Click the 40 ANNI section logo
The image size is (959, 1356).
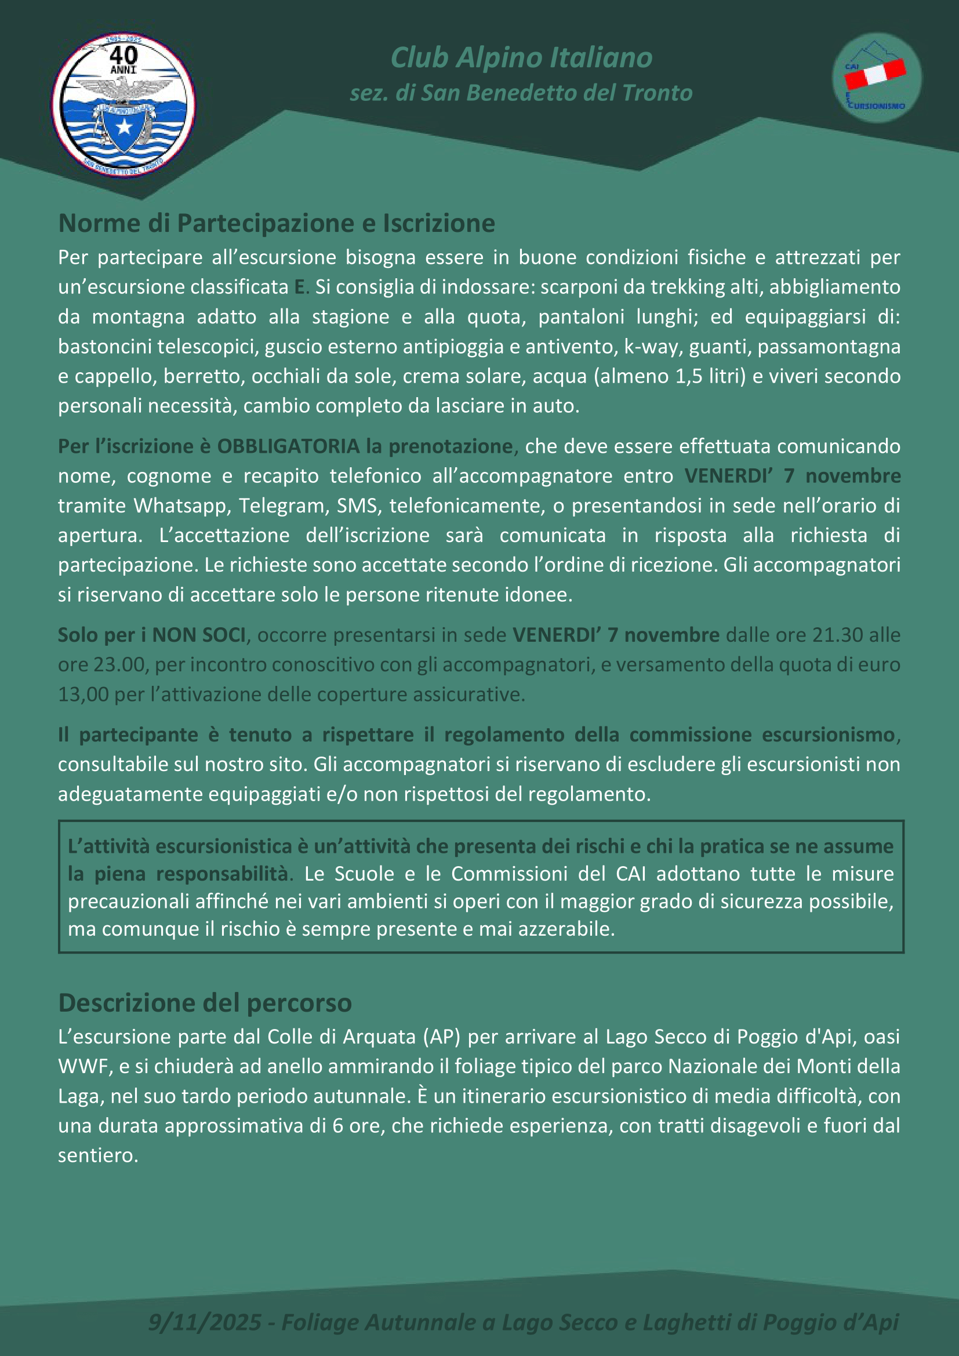[123, 104]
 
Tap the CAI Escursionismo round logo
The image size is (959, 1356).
[876, 77]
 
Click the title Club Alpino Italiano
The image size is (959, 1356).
[521, 58]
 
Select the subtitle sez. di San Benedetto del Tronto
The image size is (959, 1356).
[521, 93]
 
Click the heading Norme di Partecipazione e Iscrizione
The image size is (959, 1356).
[277, 223]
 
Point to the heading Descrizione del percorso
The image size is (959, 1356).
[205, 1003]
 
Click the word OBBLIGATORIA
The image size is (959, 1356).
[288, 446]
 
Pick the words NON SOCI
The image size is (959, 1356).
[198, 635]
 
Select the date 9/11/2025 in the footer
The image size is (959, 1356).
[204, 1322]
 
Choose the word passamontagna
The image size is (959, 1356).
[829, 347]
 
